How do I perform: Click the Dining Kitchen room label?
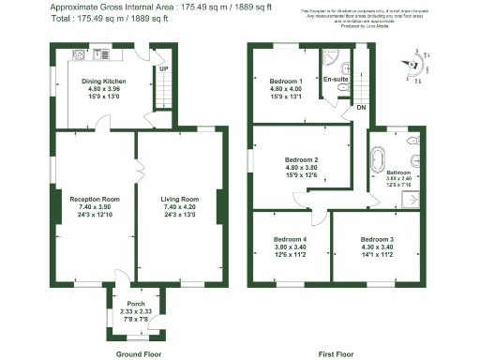[x=103, y=82]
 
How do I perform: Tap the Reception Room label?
[x=94, y=199]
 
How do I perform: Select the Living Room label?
[x=180, y=199]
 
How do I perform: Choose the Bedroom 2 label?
[x=302, y=159]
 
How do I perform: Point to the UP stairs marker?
[x=163, y=69]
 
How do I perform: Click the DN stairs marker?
[x=360, y=108]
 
